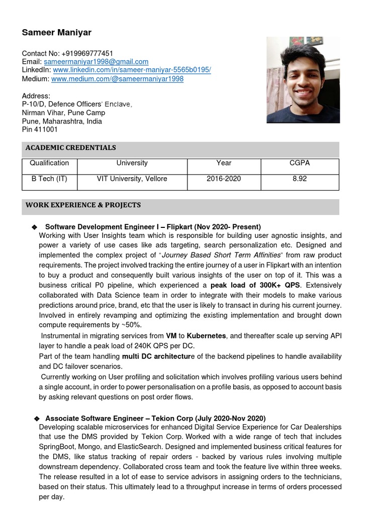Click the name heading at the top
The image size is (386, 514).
[x=57, y=33]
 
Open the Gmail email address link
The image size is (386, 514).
[x=96, y=62]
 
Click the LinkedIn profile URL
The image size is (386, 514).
[x=132, y=70]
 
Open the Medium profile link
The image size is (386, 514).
[x=117, y=79]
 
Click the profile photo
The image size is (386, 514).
[x=303, y=80]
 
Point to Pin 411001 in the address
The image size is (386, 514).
[x=40, y=130]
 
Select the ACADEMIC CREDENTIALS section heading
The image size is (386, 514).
[x=71, y=148]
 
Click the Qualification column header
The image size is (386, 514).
[x=49, y=163]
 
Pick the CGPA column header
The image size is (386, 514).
[x=300, y=163]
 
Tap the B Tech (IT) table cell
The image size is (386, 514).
[x=49, y=179]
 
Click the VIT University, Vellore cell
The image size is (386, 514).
[x=132, y=179]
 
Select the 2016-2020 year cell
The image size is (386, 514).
[x=224, y=179]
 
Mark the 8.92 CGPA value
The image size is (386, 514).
[x=300, y=179]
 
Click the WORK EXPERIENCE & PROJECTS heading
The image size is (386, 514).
[x=83, y=205]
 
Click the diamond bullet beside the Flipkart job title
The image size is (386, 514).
[x=34, y=227]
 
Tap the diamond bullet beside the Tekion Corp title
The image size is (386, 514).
[x=36, y=419]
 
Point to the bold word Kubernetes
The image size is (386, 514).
[x=206, y=336]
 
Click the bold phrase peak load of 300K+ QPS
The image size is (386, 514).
[x=255, y=285]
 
